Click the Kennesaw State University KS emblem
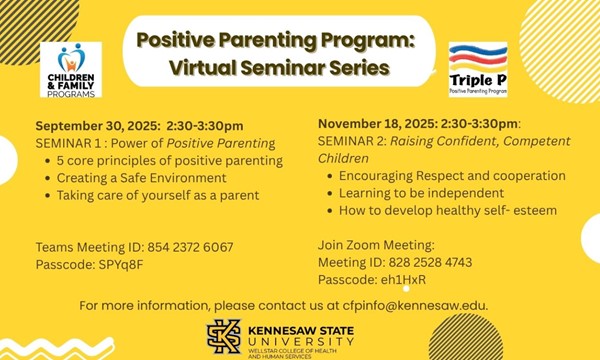click(x=223, y=336)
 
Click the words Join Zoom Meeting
click(x=376, y=245)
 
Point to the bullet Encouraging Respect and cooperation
click(x=445, y=175)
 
